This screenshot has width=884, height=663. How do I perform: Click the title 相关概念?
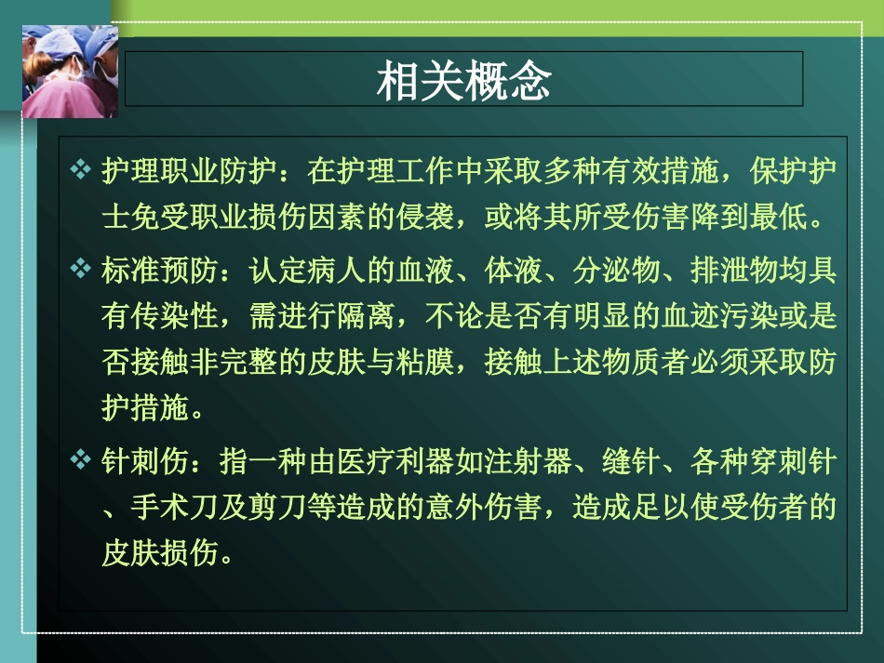pyautogui.click(x=463, y=82)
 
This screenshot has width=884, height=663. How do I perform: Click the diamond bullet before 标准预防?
pyautogui.click(x=81, y=271)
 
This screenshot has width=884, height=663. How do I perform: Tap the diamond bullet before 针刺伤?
pyautogui.click(x=81, y=460)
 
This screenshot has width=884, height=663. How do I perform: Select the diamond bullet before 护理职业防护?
pyautogui.click(x=81, y=172)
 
